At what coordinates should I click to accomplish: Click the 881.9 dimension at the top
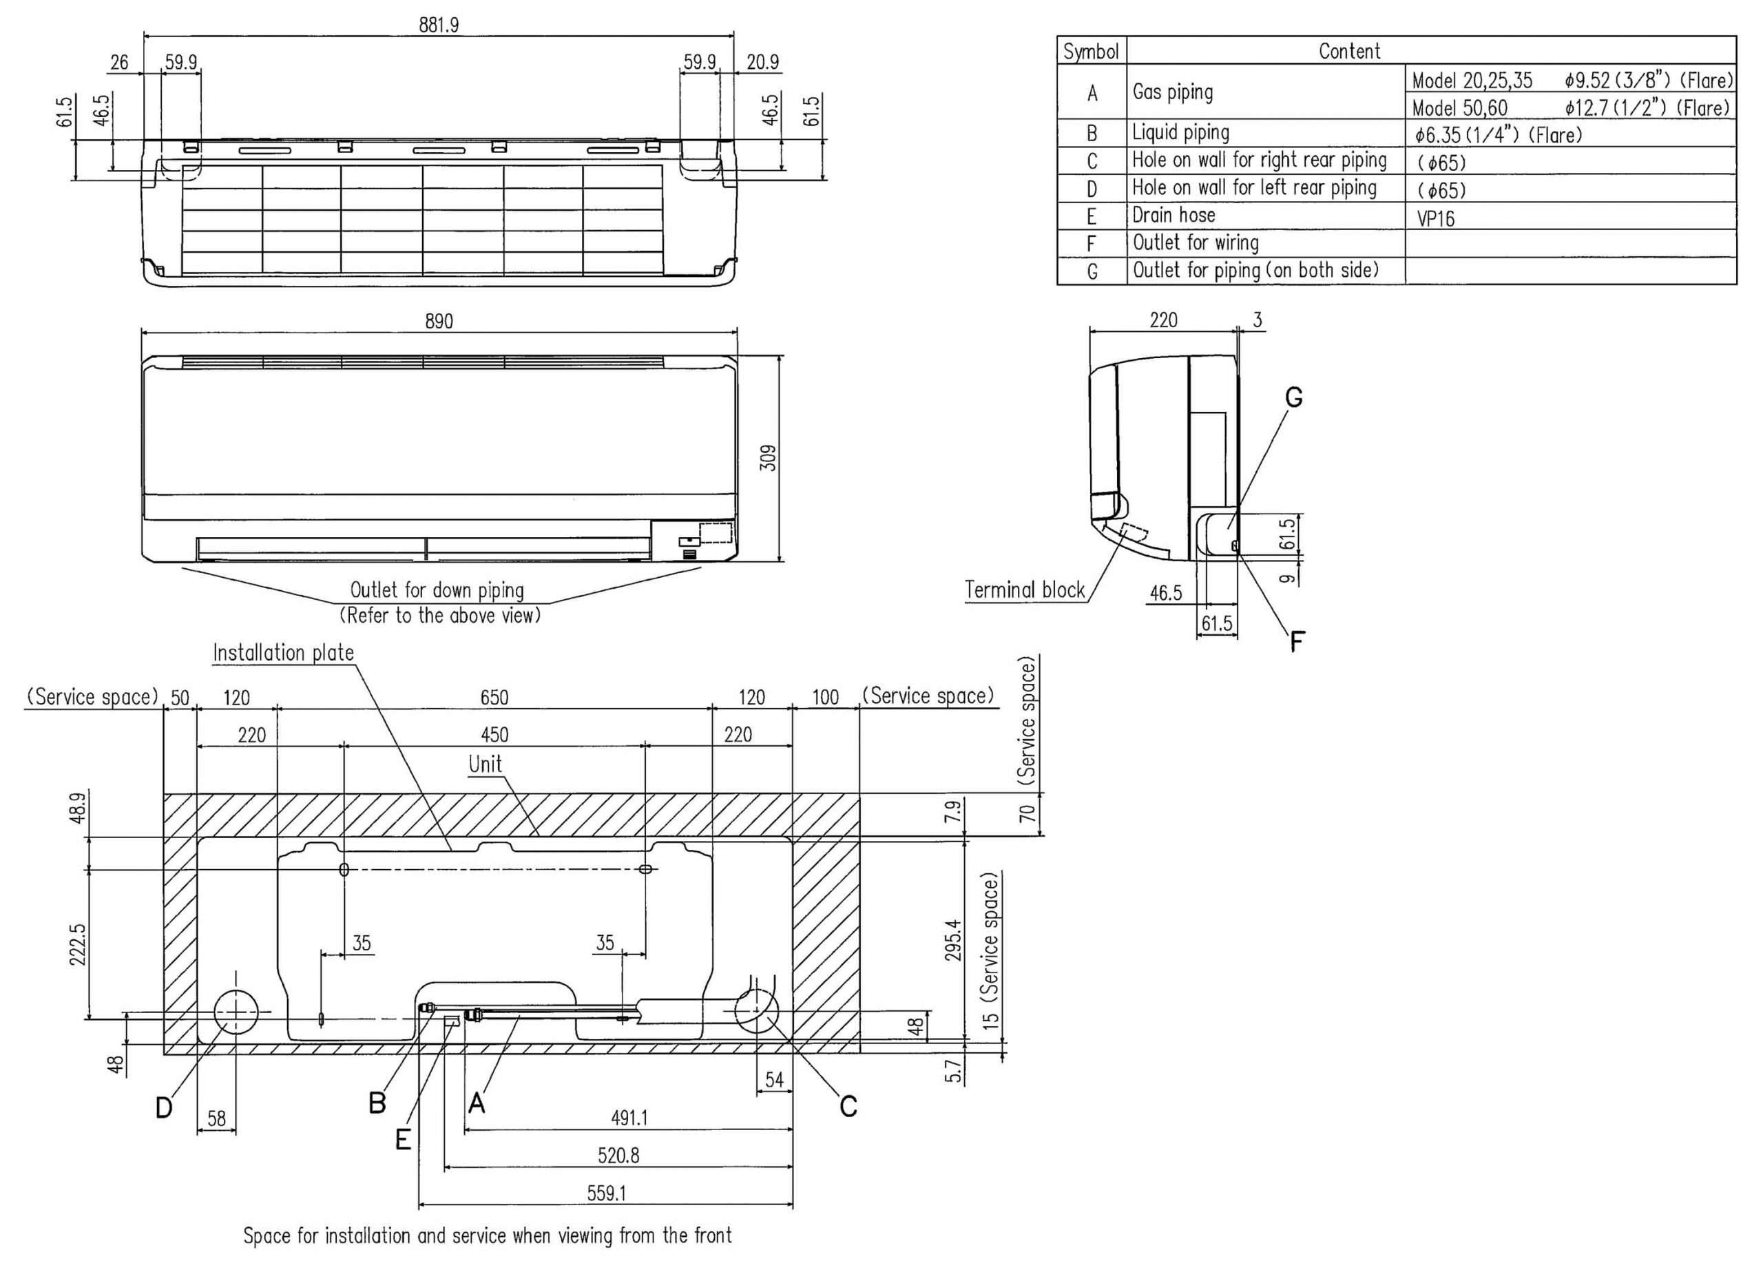pos(439,25)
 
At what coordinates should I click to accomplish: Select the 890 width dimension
pos(439,321)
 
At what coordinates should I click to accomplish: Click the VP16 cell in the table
pos(1435,218)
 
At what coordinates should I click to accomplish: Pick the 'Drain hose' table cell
pos(1173,216)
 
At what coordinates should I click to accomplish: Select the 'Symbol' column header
pos(1091,52)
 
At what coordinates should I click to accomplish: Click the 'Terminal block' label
pos(1024,590)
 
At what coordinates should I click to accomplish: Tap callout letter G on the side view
pos(1293,398)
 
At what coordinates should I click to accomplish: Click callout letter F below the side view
pos(1297,641)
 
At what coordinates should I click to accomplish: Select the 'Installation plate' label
pos(283,653)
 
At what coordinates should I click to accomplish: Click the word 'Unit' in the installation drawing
pos(485,764)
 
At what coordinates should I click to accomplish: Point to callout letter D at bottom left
pos(163,1107)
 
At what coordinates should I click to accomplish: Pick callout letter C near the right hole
pos(848,1105)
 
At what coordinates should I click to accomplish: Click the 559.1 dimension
pos(605,1193)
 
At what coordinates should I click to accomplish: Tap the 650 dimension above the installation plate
pos(494,698)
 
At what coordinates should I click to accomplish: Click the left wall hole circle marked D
pos(236,1012)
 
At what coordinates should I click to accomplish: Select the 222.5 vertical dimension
pos(79,944)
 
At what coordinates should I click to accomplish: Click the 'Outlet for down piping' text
pos(437,590)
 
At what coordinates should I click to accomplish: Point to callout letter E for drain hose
pos(403,1140)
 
